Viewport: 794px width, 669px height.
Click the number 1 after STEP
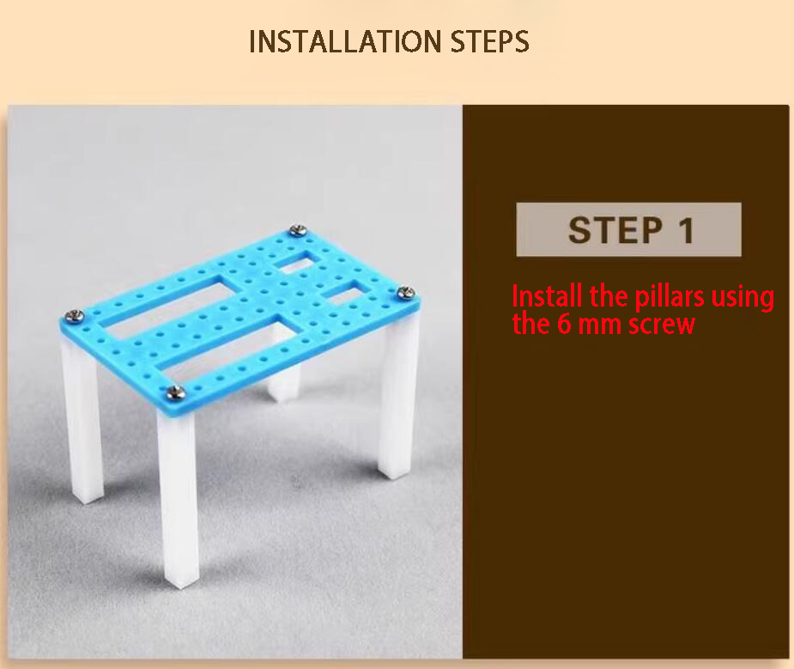coord(684,230)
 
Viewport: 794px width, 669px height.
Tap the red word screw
coord(659,325)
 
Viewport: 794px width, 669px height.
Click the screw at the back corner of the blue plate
coord(298,229)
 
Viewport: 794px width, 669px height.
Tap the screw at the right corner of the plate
coord(407,293)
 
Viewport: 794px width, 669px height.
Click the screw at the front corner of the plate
coord(176,392)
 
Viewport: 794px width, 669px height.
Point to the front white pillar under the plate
coord(178,498)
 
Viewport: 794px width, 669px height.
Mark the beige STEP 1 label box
coord(627,229)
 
